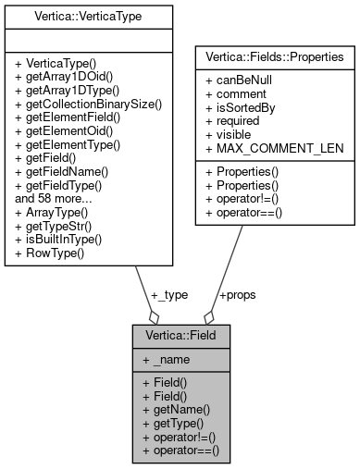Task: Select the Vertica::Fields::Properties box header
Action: [x=274, y=56]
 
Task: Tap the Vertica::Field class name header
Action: [x=180, y=336]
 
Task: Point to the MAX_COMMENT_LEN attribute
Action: [x=265, y=144]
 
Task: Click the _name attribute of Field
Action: [x=165, y=359]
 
